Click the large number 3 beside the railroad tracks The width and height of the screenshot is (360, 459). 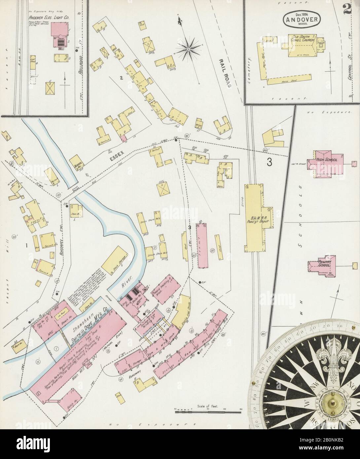(x=270, y=162)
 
